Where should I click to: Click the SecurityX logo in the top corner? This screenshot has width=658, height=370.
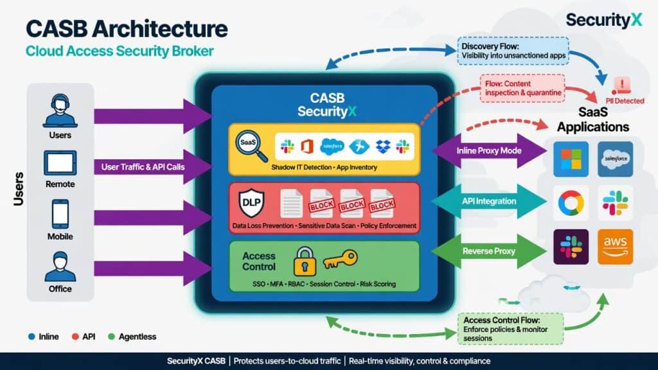click(603, 20)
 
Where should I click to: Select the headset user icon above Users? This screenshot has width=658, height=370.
click(60, 110)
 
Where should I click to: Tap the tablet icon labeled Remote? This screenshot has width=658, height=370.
click(60, 163)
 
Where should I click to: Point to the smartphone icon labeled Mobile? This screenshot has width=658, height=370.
click(60, 214)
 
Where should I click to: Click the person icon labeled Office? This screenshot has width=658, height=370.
click(60, 265)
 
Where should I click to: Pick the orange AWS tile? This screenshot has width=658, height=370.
click(615, 247)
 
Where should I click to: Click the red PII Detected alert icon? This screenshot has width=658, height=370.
click(621, 85)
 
